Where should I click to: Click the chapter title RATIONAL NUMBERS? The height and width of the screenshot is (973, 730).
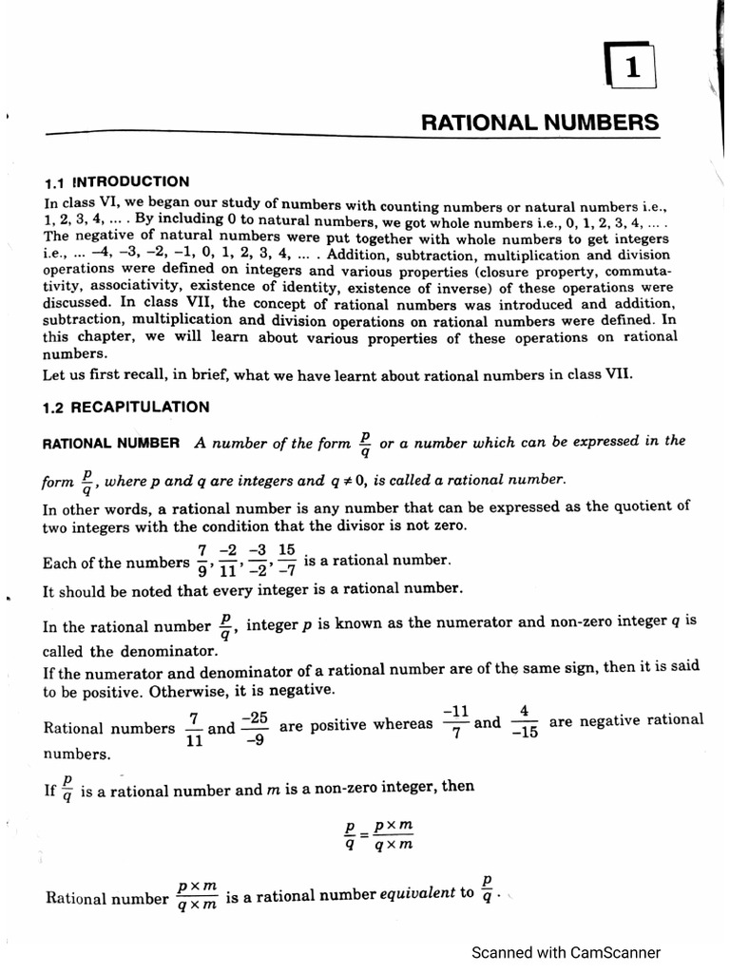(539, 123)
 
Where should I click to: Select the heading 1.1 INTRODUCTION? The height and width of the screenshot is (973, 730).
(118, 181)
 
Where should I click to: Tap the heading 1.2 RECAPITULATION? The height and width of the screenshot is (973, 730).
(127, 408)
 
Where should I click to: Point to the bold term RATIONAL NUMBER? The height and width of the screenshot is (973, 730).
(112, 443)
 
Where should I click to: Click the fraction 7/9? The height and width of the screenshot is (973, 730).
(202, 562)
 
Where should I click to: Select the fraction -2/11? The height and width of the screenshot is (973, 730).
(227, 562)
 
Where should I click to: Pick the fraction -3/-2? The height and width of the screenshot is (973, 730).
(256, 562)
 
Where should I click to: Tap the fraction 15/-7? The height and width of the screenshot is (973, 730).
(287, 562)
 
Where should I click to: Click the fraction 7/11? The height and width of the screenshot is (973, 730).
(193, 729)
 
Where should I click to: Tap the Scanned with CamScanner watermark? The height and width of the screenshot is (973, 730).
(566, 952)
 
